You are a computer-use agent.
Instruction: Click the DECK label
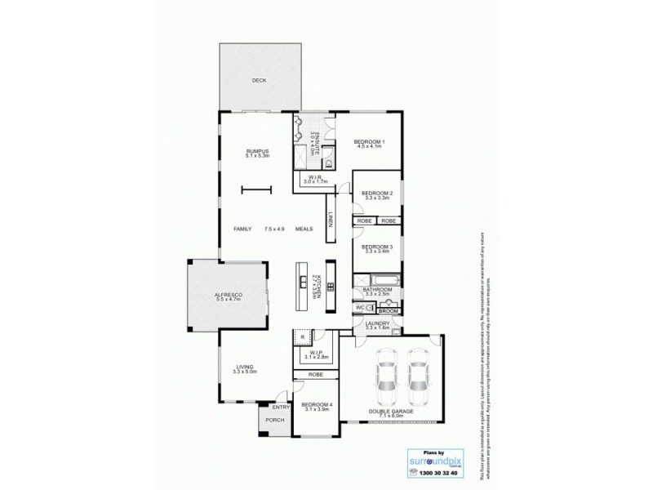click(259, 80)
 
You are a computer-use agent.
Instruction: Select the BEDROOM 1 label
click(369, 143)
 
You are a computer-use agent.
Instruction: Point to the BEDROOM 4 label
click(317, 405)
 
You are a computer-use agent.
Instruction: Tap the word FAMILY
click(242, 229)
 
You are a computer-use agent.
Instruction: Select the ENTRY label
click(282, 407)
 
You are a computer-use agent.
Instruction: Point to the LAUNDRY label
click(377, 323)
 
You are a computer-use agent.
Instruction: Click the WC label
click(360, 308)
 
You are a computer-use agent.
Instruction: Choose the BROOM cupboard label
click(389, 310)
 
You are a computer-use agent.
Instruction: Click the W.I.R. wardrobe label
click(315, 179)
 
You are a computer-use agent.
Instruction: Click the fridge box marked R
click(301, 336)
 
